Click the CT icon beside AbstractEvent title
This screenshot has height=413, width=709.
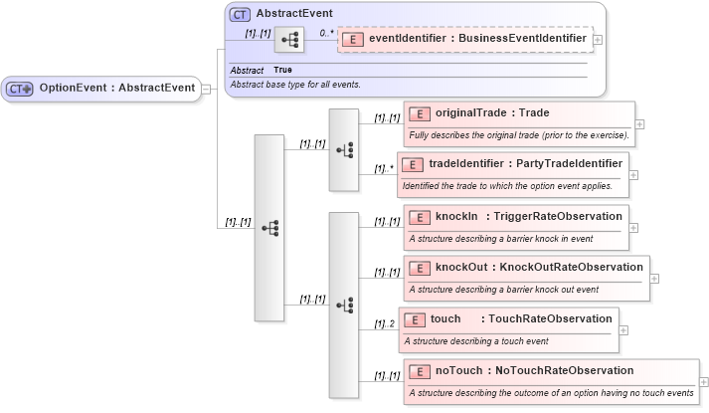tap(240, 15)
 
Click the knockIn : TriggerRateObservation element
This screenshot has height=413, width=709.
tap(515, 216)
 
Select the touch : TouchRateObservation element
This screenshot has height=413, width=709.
tap(508, 318)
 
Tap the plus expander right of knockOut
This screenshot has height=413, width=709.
tap(654, 279)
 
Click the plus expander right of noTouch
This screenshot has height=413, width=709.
tap(704, 382)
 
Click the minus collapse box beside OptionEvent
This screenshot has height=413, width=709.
tap(205, 89)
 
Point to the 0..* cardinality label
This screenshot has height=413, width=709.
tap(325, 33)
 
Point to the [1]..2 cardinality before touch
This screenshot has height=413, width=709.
tap(384, 323)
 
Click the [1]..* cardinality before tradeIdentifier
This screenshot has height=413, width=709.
tap(384, 168)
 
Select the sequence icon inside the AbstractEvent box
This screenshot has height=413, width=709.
tap(289, 40)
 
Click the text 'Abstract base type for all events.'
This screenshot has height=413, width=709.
tap(294, 85)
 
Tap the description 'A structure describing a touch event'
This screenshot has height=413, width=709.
tap(475, 340)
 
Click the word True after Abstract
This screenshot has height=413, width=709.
tap(282, 70)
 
